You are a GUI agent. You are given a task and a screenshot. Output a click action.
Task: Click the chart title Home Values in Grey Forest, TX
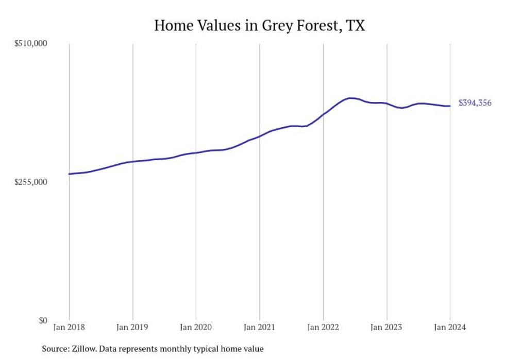[x=259, y=26]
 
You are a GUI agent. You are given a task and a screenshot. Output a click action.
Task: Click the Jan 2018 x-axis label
[x=69, y=328]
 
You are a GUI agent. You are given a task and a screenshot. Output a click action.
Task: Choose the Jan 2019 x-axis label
[x=132, y=328]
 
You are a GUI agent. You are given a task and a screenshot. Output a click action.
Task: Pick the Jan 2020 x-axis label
[x=196, y=328]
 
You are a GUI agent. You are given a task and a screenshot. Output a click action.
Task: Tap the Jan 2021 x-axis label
[x=259, y=328]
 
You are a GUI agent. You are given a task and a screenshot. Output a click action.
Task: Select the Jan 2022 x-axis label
[x=323, y=328]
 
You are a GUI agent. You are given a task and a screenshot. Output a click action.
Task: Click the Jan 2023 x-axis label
[x=386, y=328]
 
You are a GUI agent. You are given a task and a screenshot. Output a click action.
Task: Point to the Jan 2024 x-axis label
[x=450, y=328]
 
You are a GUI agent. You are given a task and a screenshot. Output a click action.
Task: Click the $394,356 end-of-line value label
[x=475, y=103]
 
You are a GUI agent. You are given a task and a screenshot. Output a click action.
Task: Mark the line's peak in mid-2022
[x=350, y=98]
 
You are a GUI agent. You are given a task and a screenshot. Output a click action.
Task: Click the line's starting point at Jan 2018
[x=69, y=174]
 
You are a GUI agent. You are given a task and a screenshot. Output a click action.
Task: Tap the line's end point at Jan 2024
[x=450, y=106]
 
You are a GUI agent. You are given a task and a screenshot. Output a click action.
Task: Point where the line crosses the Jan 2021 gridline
[x=259, y=136]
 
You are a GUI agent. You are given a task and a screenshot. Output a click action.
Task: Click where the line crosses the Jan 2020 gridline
[x=196, y=153]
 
